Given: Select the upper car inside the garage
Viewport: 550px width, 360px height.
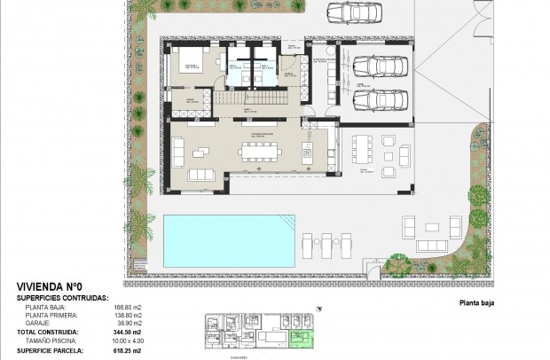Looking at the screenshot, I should click(373, 67).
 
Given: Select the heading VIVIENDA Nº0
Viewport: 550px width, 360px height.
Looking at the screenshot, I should click(51, 287).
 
